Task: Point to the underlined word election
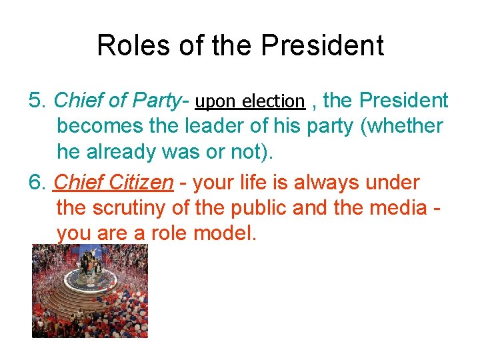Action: tap(273, 101)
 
